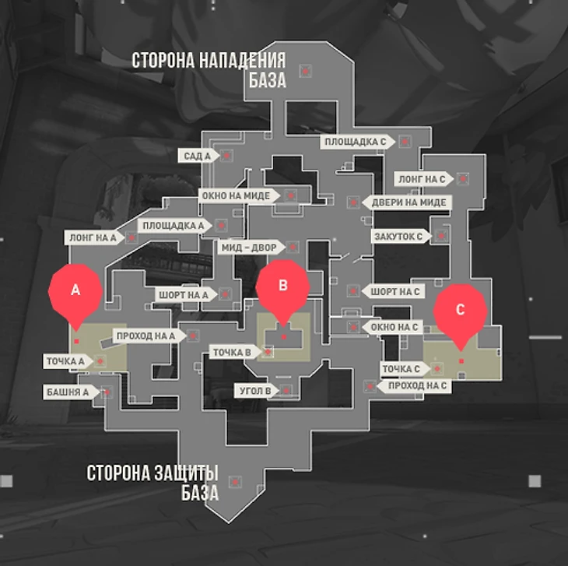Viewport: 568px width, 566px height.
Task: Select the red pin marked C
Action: pos(460,310)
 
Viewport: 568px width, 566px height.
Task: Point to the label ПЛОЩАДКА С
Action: pos(356,142)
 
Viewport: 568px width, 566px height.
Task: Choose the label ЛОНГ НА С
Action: pos(422,179)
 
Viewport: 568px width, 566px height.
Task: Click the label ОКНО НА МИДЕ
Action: pos(236,195)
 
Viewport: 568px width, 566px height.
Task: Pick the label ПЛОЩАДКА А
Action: pos(174,226)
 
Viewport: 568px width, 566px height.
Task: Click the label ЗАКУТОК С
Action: pos(398,236)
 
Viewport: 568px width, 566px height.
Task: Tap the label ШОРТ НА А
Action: pos(184,295)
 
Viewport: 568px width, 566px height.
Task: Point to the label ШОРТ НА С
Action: pos(395,291)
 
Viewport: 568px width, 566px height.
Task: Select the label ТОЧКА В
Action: pos(233,353)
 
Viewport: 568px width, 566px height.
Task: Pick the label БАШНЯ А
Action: pos(67,392)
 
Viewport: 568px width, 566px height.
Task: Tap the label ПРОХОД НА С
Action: pos(417,385)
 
